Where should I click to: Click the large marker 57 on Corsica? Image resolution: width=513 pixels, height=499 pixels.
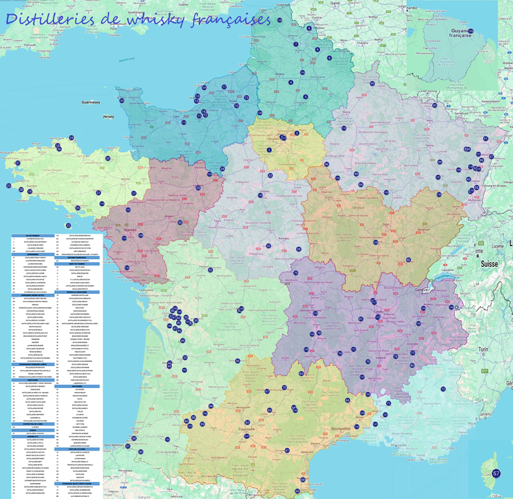click(x=496, y=473)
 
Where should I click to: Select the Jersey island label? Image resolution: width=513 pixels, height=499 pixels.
click(x=107, y=117)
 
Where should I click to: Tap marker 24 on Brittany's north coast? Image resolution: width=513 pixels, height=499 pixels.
click(x=71, y=138)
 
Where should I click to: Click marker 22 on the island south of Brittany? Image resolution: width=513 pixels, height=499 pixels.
click(x=68, y=225)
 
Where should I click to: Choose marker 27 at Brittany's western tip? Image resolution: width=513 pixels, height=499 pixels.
click(x=8, y=185)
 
